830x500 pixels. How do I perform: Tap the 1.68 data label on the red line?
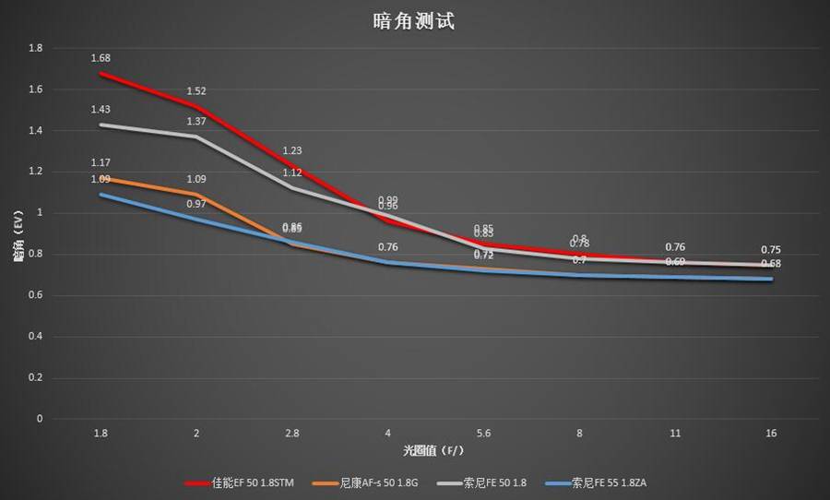[x=101, y=59]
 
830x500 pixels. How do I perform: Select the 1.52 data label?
[x=196, y=91]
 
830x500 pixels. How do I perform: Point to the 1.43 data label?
[x=101, y=110]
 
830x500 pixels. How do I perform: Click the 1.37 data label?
[x=196, y=122]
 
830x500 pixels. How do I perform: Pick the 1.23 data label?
[x=292, y=150]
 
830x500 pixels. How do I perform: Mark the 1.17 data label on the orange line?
[x=101, y=163]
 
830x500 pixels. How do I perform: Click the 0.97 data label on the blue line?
[x=196, y=204]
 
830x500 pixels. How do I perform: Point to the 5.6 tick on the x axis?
[x=484, y=433]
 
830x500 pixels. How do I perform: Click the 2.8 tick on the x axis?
[x=292, y=433]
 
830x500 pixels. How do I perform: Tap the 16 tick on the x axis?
[x=772, y=433]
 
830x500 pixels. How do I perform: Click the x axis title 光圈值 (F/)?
[x=435, y=451]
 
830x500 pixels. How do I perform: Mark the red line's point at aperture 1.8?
[x=101, y=73]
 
